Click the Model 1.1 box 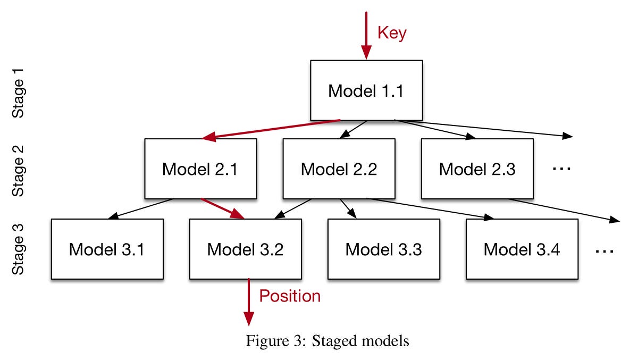(x=366, y=90)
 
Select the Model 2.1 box (x=200, y=169)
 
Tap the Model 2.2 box (x=339, y=169)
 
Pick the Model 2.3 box (x=477, y=169)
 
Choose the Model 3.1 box (x=107, y=249)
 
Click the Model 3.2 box (x=245, y=249)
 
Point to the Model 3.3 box (x=383, y=249)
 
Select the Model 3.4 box (x=522, y=249)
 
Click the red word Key (x=391, y=33)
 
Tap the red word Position (x=290, y=296)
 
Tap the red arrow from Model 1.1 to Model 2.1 (x=271, y=130)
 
